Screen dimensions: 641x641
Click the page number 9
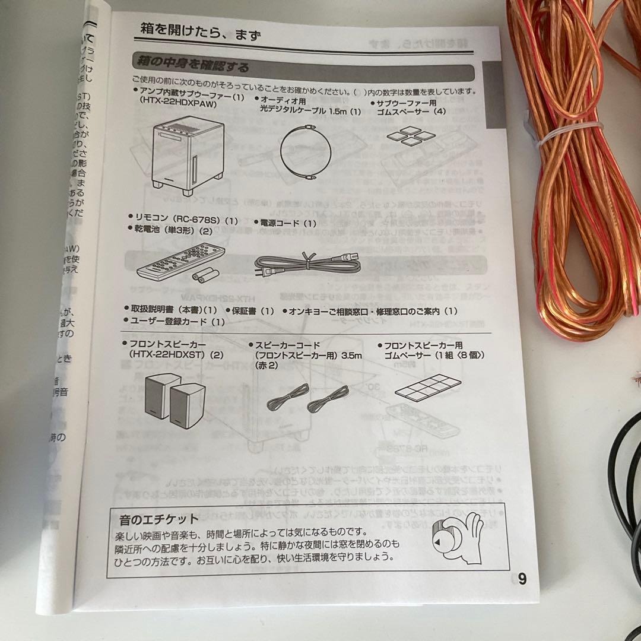tap(522, 579)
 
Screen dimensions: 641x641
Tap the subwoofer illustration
tap(188, 156)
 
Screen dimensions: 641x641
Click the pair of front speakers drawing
tap(174, 397)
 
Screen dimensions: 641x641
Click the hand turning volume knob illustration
tap(455, 535)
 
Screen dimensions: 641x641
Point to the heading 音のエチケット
tap(158, 520)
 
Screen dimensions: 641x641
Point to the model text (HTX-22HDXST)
tap(170, 355)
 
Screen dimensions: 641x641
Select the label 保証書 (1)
tap(250, 310)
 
